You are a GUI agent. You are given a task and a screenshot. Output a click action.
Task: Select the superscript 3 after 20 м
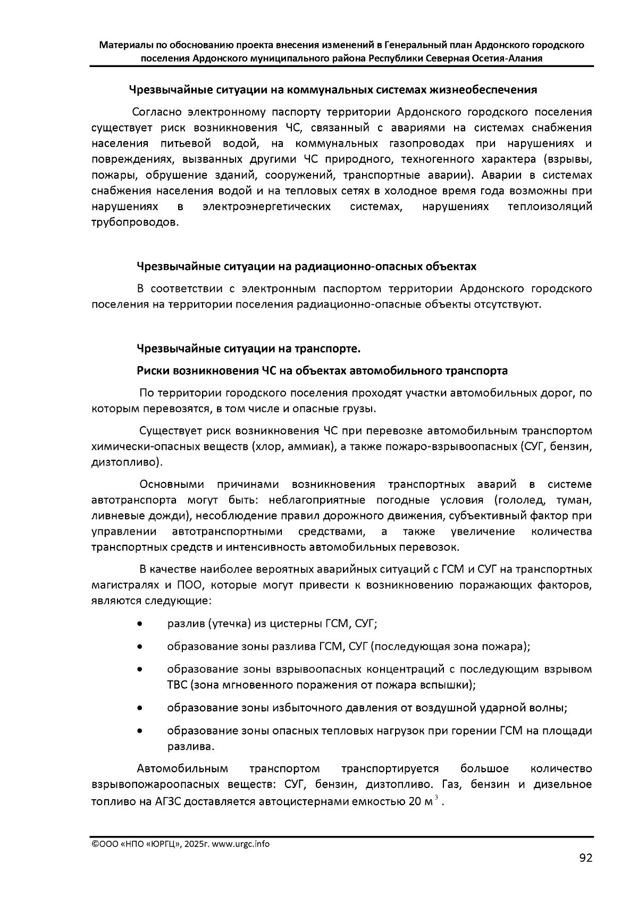click(x=436, y=797)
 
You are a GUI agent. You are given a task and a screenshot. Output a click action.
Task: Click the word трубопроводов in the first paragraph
click(x=135, y=222)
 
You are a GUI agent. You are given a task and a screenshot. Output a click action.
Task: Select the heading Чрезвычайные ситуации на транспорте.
click(x=249, y=349)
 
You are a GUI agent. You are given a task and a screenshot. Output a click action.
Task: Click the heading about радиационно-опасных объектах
click(x=307, y=266)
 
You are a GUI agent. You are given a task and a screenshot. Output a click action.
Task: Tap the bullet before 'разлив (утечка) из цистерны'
click(x=139, y=624)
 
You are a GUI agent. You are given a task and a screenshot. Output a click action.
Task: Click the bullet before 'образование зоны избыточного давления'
click(x=139, y=708)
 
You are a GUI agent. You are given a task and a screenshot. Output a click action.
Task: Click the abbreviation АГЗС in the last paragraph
click(x=167, y=801)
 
